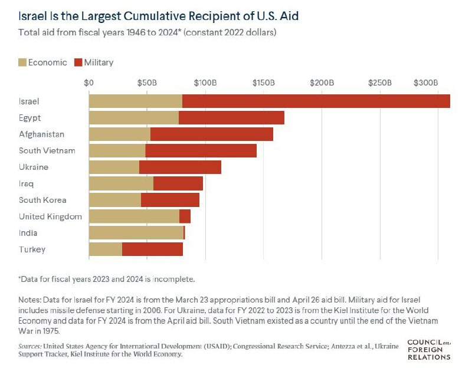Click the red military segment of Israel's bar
[x=316, y=101]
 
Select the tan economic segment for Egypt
[x=133, y=117]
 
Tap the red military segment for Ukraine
[x=180, y=167]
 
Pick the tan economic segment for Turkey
[x=106, y=249]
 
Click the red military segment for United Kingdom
[x=185, y=216]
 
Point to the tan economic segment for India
[x=136, y=233]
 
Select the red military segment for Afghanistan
[x=212, y=134]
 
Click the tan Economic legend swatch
[x=22, y=62]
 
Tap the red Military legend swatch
[x=78, y=62]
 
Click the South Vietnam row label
[x=47, y=150]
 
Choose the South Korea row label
[x=42, y=200]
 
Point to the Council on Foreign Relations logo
[x=429, y=349]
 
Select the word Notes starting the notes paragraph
[x=30, y=300]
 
